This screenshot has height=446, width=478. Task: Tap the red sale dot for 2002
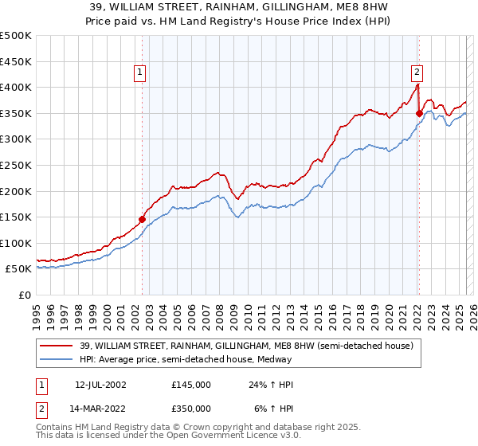[x=143, y=219]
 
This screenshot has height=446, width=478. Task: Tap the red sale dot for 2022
[x=419, y=113]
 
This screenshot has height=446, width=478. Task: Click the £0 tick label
[x=24, y=295]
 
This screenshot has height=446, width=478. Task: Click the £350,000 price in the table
[x=191, y=407]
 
